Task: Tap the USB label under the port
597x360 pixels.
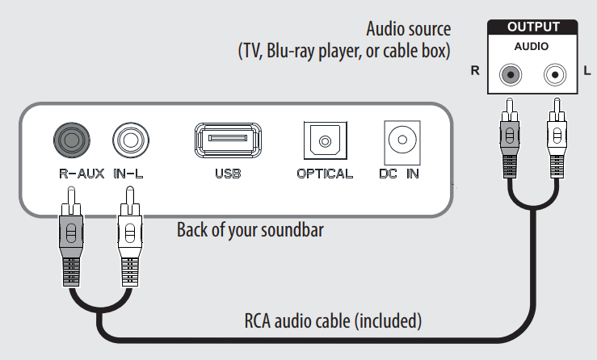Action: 227,174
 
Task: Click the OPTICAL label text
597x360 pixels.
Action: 324,174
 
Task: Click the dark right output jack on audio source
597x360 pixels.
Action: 510,75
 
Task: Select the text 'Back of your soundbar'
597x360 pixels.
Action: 250,230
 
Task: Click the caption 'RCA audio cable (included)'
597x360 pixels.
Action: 333,320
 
